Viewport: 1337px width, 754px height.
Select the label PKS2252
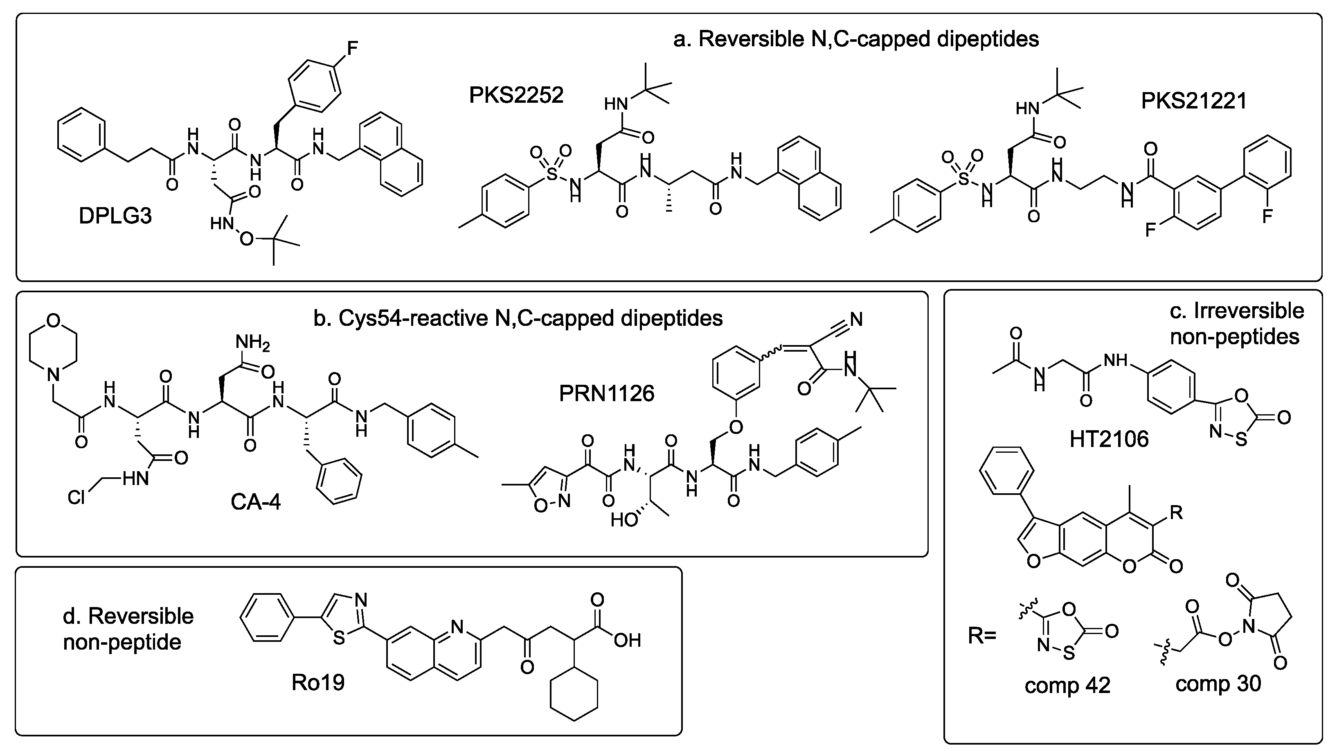pos(516,95)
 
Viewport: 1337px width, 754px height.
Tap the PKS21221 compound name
pos(1194,101)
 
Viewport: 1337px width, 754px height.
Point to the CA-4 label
pos(255,502)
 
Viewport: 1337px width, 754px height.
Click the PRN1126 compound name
pos(606,394)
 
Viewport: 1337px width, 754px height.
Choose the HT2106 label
pos(1109,439)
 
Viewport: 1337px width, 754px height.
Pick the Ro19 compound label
pos(317,682)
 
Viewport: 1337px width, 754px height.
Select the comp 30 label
pos(1218,683)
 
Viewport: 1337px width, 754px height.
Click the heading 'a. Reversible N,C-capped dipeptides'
pos(856,39)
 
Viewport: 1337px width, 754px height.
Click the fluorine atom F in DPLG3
pos(352,48)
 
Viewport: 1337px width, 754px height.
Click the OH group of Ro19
pos(628,640)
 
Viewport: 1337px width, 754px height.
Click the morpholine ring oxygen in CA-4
pos(53,321)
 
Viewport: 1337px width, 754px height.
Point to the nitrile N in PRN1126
pos(856,319)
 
